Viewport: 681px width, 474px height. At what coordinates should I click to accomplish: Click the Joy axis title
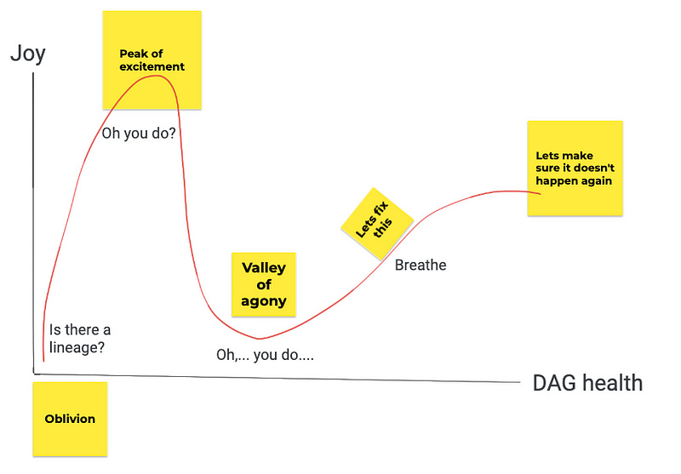27,54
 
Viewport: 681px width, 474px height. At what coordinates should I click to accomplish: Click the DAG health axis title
587,383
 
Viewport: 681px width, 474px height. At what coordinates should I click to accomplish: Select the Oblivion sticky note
70,419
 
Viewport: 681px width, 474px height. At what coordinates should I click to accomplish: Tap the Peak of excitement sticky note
152,60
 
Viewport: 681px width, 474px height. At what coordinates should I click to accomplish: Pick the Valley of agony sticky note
264,284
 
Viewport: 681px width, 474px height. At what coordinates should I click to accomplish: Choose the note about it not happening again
575,168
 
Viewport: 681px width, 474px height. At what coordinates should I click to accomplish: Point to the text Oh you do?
139,134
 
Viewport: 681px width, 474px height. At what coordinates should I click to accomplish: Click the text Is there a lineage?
79,339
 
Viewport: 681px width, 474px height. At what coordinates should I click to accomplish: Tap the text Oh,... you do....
265,354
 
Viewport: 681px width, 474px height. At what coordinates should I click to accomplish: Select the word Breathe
421,266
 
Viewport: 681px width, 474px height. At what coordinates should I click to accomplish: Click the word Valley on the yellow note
264,268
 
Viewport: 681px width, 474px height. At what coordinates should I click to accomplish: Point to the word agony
264,301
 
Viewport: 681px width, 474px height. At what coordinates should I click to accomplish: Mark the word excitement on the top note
152,66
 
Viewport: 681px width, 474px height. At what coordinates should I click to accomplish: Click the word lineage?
77,347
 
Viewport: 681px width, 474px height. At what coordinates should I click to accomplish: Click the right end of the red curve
541,192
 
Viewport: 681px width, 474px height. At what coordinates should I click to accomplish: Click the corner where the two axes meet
34,372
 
